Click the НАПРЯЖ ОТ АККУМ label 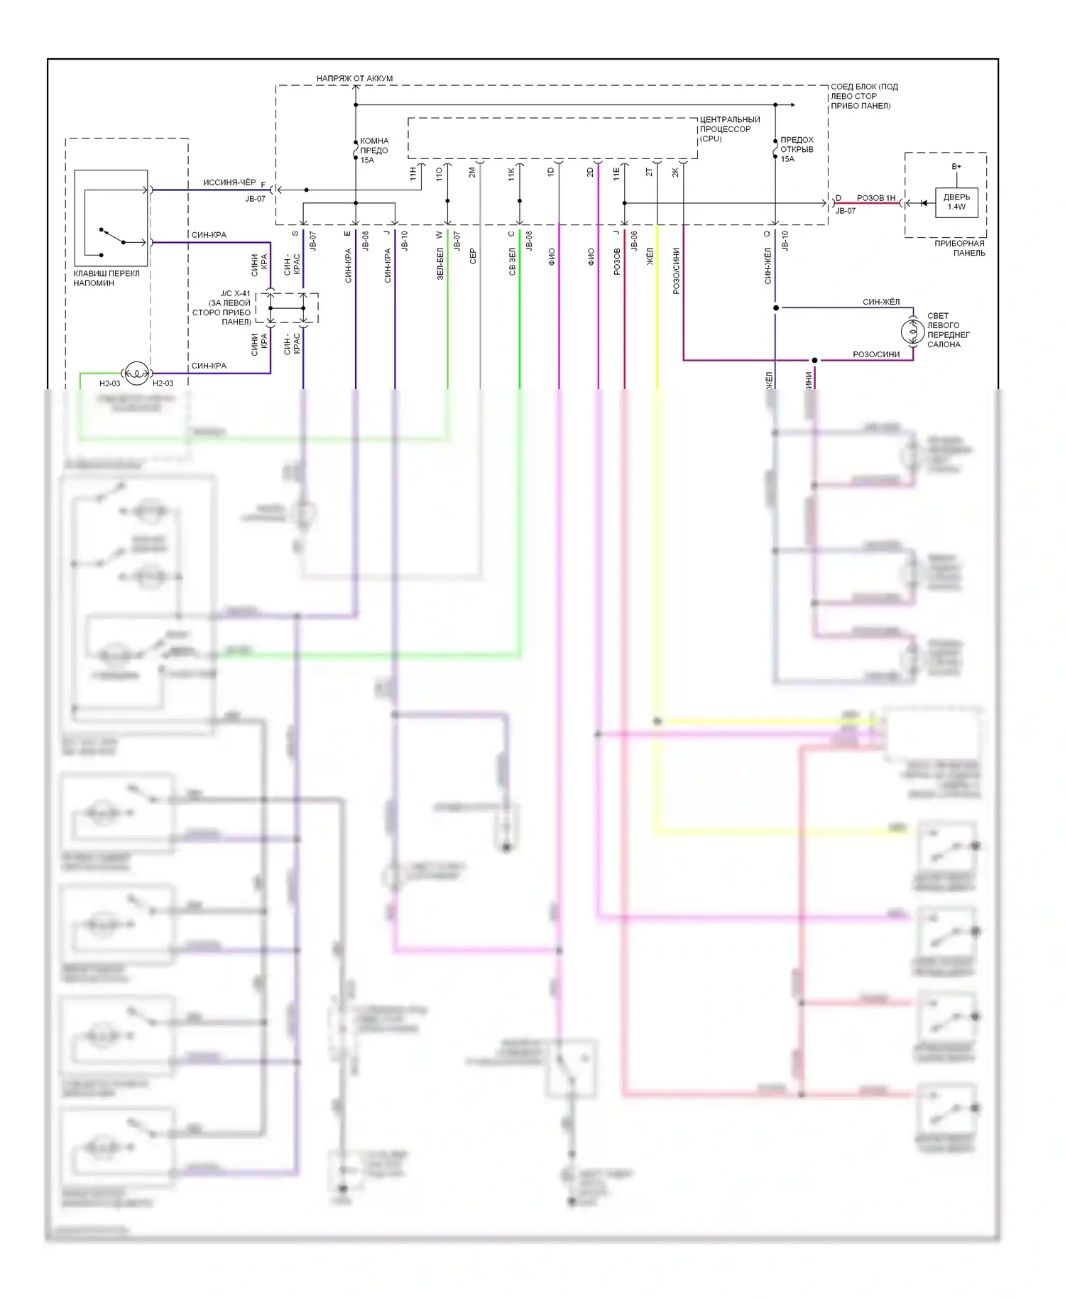point(354,78)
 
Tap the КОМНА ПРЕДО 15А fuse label point(373,151)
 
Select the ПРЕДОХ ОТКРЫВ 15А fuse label point(797,149)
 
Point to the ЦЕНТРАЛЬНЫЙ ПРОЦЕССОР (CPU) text point(729,129)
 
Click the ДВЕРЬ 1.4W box point(956,202)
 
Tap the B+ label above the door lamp point(956,167)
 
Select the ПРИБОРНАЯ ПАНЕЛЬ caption point(959,248)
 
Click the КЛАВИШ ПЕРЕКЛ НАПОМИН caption point(106,278)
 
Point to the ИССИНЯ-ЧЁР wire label point(229,182)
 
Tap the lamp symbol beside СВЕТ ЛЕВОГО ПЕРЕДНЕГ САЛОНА point(912,331)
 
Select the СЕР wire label point(473,256)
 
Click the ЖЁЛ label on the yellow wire point(650,256)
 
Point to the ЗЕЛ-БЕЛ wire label point(440,263)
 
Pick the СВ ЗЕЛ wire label point(513,261)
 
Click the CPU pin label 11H point(413,173)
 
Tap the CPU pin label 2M point(472,173)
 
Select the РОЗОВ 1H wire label point(875,198)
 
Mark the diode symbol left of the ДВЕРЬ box point(924,203)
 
